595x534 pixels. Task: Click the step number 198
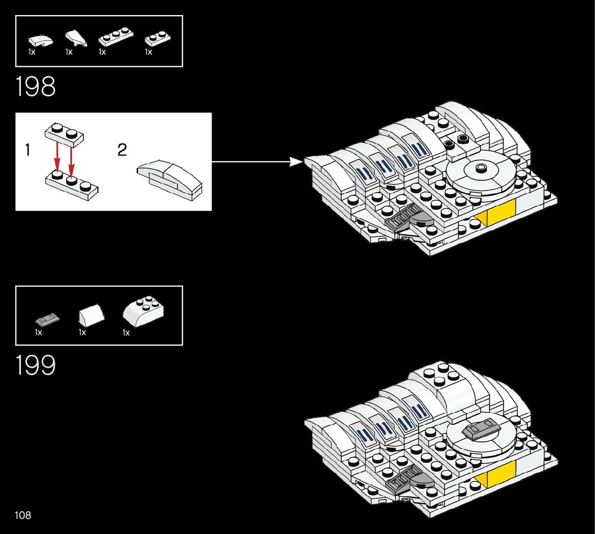coord(36,86)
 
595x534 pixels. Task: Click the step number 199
coord(36,365)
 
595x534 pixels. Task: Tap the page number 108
coord(23,515)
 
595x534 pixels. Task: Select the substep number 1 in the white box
coord(27,150)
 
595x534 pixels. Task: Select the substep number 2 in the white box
coord(122,150)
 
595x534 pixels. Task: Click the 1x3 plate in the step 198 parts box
coord(111,40)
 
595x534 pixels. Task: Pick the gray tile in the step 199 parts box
coord(47,319)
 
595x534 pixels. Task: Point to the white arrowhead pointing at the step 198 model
coord(296,161)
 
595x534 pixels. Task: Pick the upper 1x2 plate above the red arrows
coord(64,133)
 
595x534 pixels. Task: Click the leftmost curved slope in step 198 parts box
coord(40,40)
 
